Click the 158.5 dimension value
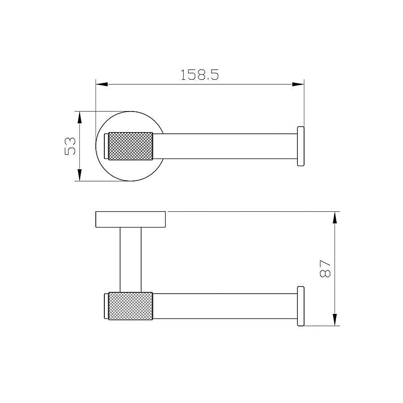(x=200, y=75)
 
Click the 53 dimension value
(x=70, y=146)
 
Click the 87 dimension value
(x=325, y=268)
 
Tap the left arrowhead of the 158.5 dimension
(x=102, y=84)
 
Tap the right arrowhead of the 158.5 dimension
(x=298, y=84)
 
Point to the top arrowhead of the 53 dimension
(x=79, y=117)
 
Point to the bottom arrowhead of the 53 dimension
(x=79, y=175)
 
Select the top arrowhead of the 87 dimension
(x=334, y=218)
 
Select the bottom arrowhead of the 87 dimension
(x=334, y=320)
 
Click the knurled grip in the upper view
(x=131, y=146)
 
